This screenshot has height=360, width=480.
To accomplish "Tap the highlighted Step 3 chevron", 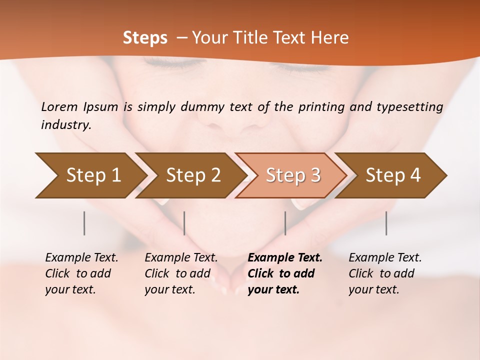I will pos(293,175).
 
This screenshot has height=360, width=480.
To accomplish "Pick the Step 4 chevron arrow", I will pos(393,175).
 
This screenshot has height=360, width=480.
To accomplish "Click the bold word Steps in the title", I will pos(145,38).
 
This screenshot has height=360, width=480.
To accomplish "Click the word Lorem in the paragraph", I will pos(59,106).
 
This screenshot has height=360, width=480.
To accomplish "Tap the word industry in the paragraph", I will pos(66,124).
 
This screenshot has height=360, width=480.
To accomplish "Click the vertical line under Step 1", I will pos(84,223).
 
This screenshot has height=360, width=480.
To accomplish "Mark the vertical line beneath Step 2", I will pos(184,223).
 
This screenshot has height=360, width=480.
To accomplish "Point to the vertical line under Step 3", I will pos(285,223).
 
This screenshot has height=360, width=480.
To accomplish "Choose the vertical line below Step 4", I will pos(386,223).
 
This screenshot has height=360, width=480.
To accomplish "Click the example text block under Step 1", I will pos(81,273).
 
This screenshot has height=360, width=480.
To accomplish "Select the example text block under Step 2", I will pos(181,273).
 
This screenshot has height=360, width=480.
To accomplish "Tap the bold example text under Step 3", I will pos(285,273).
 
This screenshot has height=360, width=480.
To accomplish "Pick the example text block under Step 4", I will pos(385,273).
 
